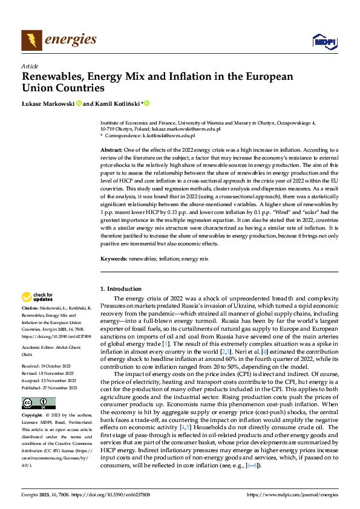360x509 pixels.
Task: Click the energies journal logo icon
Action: click(x=31, y=41)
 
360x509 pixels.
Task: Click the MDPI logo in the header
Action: click(x=324, y=41)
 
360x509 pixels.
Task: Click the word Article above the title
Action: click(x=30, y=65)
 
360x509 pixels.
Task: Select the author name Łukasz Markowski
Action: click(x=48, y=104)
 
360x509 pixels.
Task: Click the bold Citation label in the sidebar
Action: click(x=31, y=309)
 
